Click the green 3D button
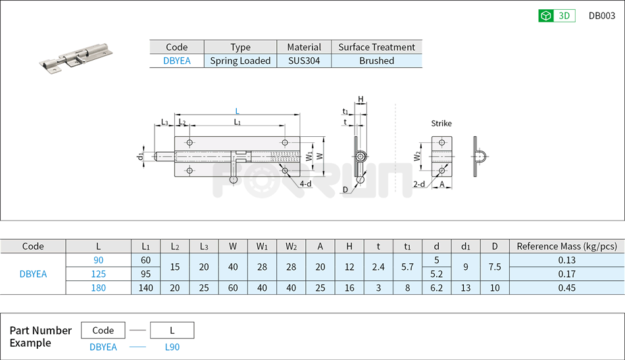click(x=557, y=16)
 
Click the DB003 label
click(x=601, y=16)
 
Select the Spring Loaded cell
click(x=240, y=61)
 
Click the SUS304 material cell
click(x=304, y=61)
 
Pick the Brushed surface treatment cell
click(x=376, y=61)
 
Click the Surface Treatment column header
click(x=376, y=47)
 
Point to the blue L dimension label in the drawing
click(x=238, y=111)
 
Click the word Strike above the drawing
click(x=441, y=123)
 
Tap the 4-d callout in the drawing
click(x=305, y=184)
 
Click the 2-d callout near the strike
click(x=419, y=184)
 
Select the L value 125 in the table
click(x=98, y=274)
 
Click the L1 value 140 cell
click(x=145, y=288)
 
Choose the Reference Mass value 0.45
click(x=566, y=288)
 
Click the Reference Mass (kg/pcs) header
click(x=566, y=246)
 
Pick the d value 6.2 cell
click(x=436, y=288)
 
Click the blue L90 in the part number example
click(x=172, y=347)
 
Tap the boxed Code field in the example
click(x=103, y=330)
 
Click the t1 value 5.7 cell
click(x=407, y=267)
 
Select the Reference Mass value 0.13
click(x=566, y=260)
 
